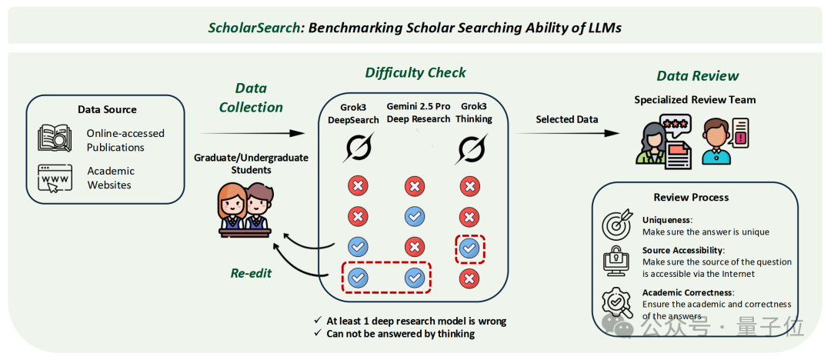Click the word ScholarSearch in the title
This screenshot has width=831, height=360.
coord(254,28)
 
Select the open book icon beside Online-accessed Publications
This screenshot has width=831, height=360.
coord(55,138)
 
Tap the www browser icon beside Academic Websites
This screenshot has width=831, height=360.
coord(55,178)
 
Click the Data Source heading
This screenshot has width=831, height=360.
coord(107,110)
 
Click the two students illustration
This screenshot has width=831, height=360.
coord(245,210)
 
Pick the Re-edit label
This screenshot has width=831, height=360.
coord(251,273)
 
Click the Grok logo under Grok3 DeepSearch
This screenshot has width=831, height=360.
coord(357,148)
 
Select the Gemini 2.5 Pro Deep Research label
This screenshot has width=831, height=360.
coord(418,113)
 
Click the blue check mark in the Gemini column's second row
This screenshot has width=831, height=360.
coord(415,217)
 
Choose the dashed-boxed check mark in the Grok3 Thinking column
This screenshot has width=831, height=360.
coord(469,248)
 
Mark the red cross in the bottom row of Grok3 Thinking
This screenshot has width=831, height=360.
coord(469,278)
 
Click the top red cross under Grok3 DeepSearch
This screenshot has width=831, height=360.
coord(359,186)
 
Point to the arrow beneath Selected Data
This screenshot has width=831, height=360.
coord(567,134)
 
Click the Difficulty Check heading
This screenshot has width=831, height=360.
coord(415,72)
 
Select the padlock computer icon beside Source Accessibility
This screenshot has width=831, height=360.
coord(617,261)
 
